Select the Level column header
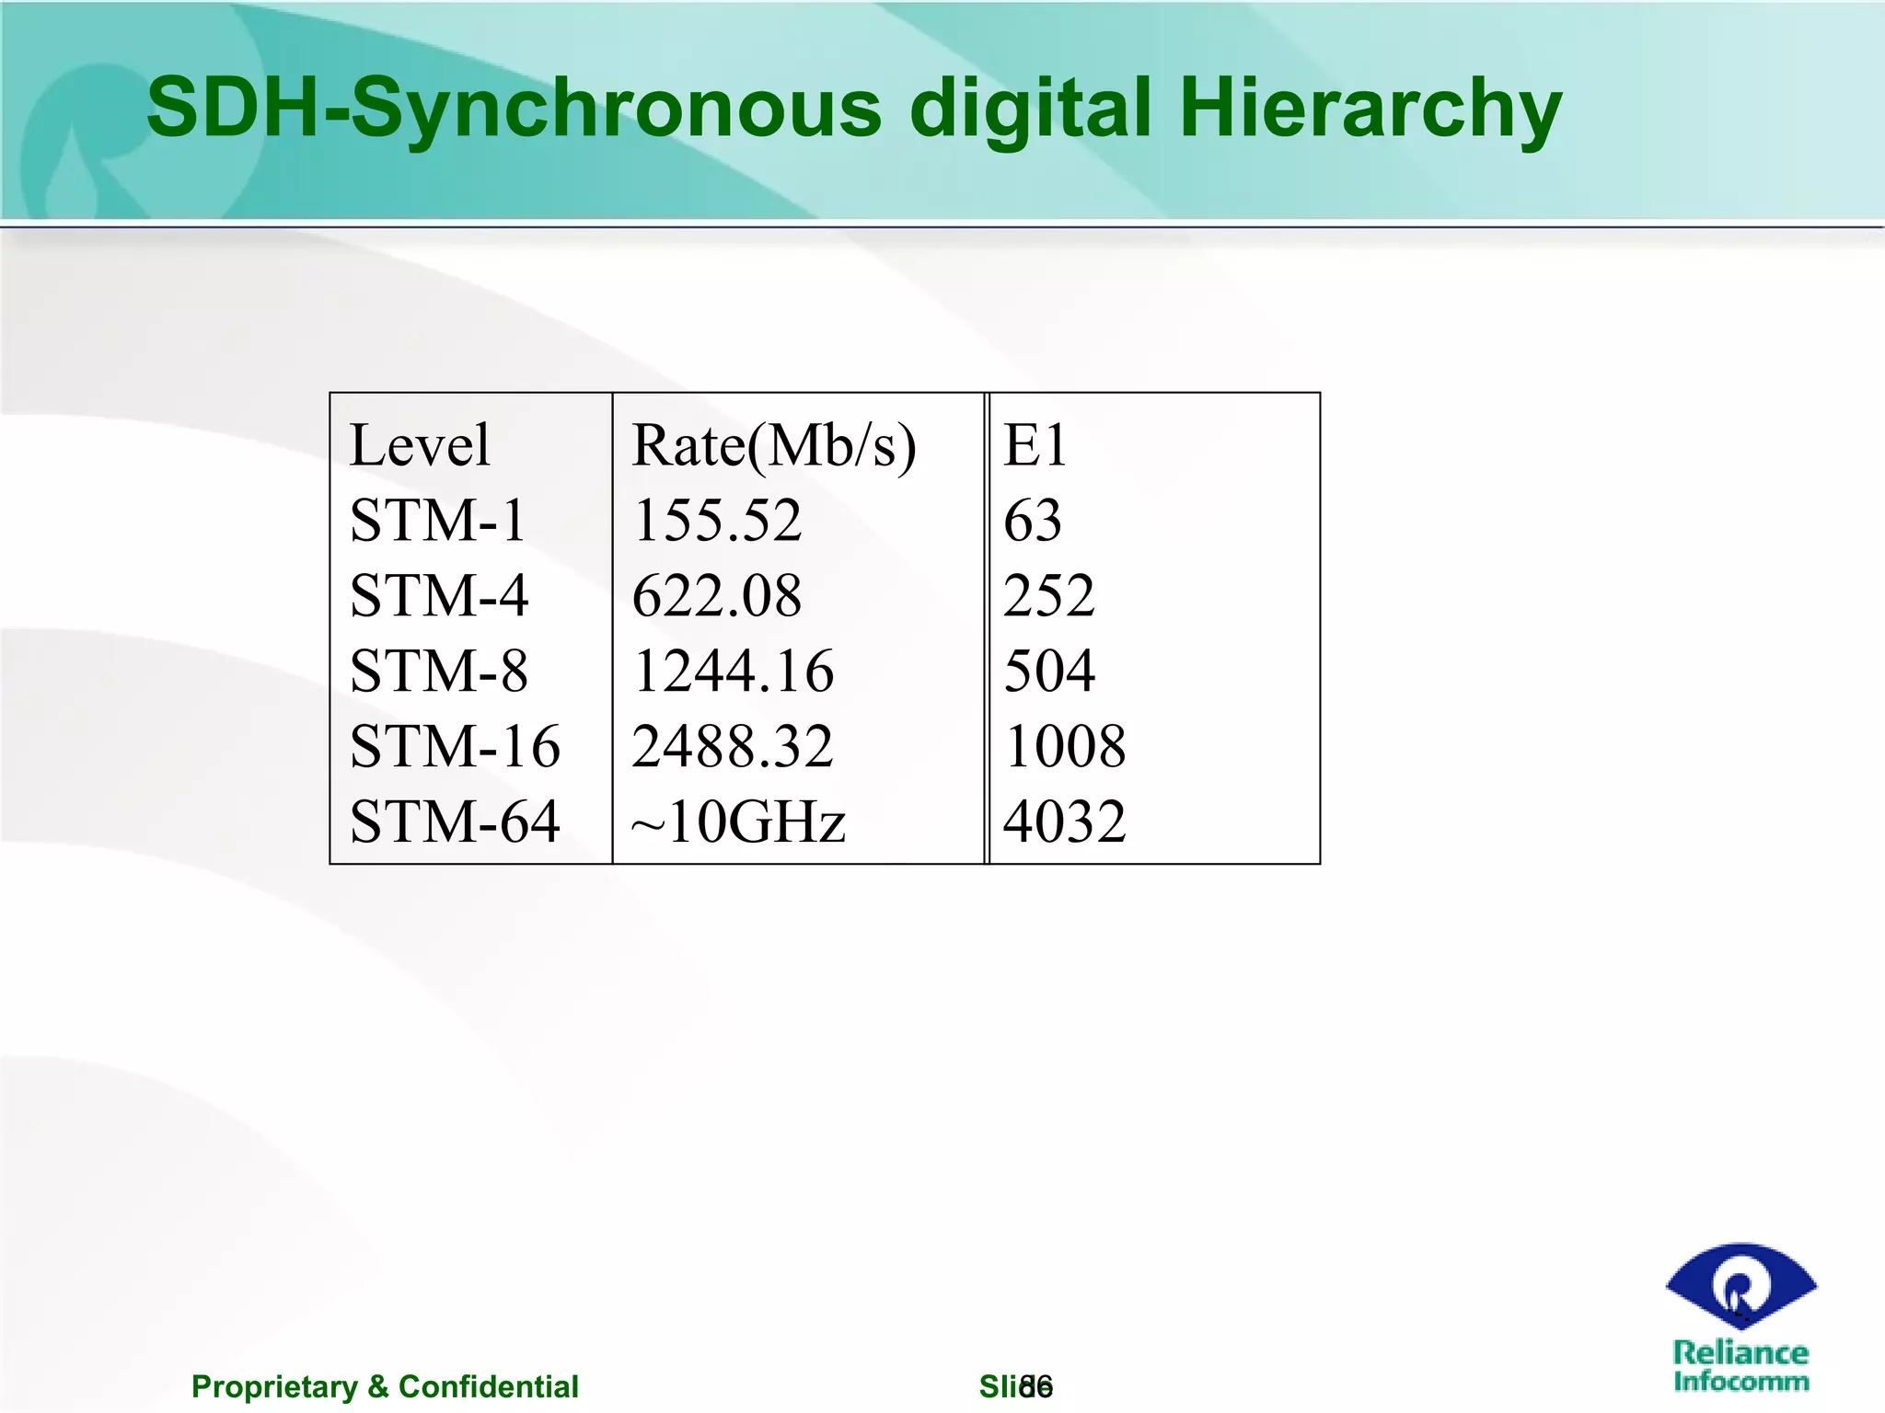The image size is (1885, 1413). pyautogui.click(x=420, y=446)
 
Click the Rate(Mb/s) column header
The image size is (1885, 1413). pyautogui.click(x=773, y=446)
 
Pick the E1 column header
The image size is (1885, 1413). pyautogui.click(x=1035, y=446)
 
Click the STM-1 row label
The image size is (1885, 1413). pyautogui.click(x=437, y=521)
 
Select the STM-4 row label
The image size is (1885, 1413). pyautogui.click(x=439, y=596)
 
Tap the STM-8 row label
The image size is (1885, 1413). pyautogui.click(x=439, y=671)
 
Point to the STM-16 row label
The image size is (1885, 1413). pyautogui.click(x=455, y=746)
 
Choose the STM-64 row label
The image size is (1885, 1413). pyautogui.click(x=455, y=821)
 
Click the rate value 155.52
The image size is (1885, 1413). pyautogui.click(x=717, y=521)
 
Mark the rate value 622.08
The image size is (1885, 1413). pyautogui.click(x=717, y=596)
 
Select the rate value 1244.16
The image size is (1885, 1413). pyautogui.click(x=733, y=671)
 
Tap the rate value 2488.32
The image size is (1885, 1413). pyautogui.click(x=733, y=746)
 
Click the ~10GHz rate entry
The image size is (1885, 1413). pyautogui.click(x=738, y=821)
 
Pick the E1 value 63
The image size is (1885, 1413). pyautogui.click(x=1033, y=521)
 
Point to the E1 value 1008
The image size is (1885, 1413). pyautogui.click(x=1065, y=746)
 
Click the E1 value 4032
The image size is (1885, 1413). pyautogui.click(x=1065, y=821)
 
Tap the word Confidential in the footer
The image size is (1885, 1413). pyautogui.click(x=488, y=1386)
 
